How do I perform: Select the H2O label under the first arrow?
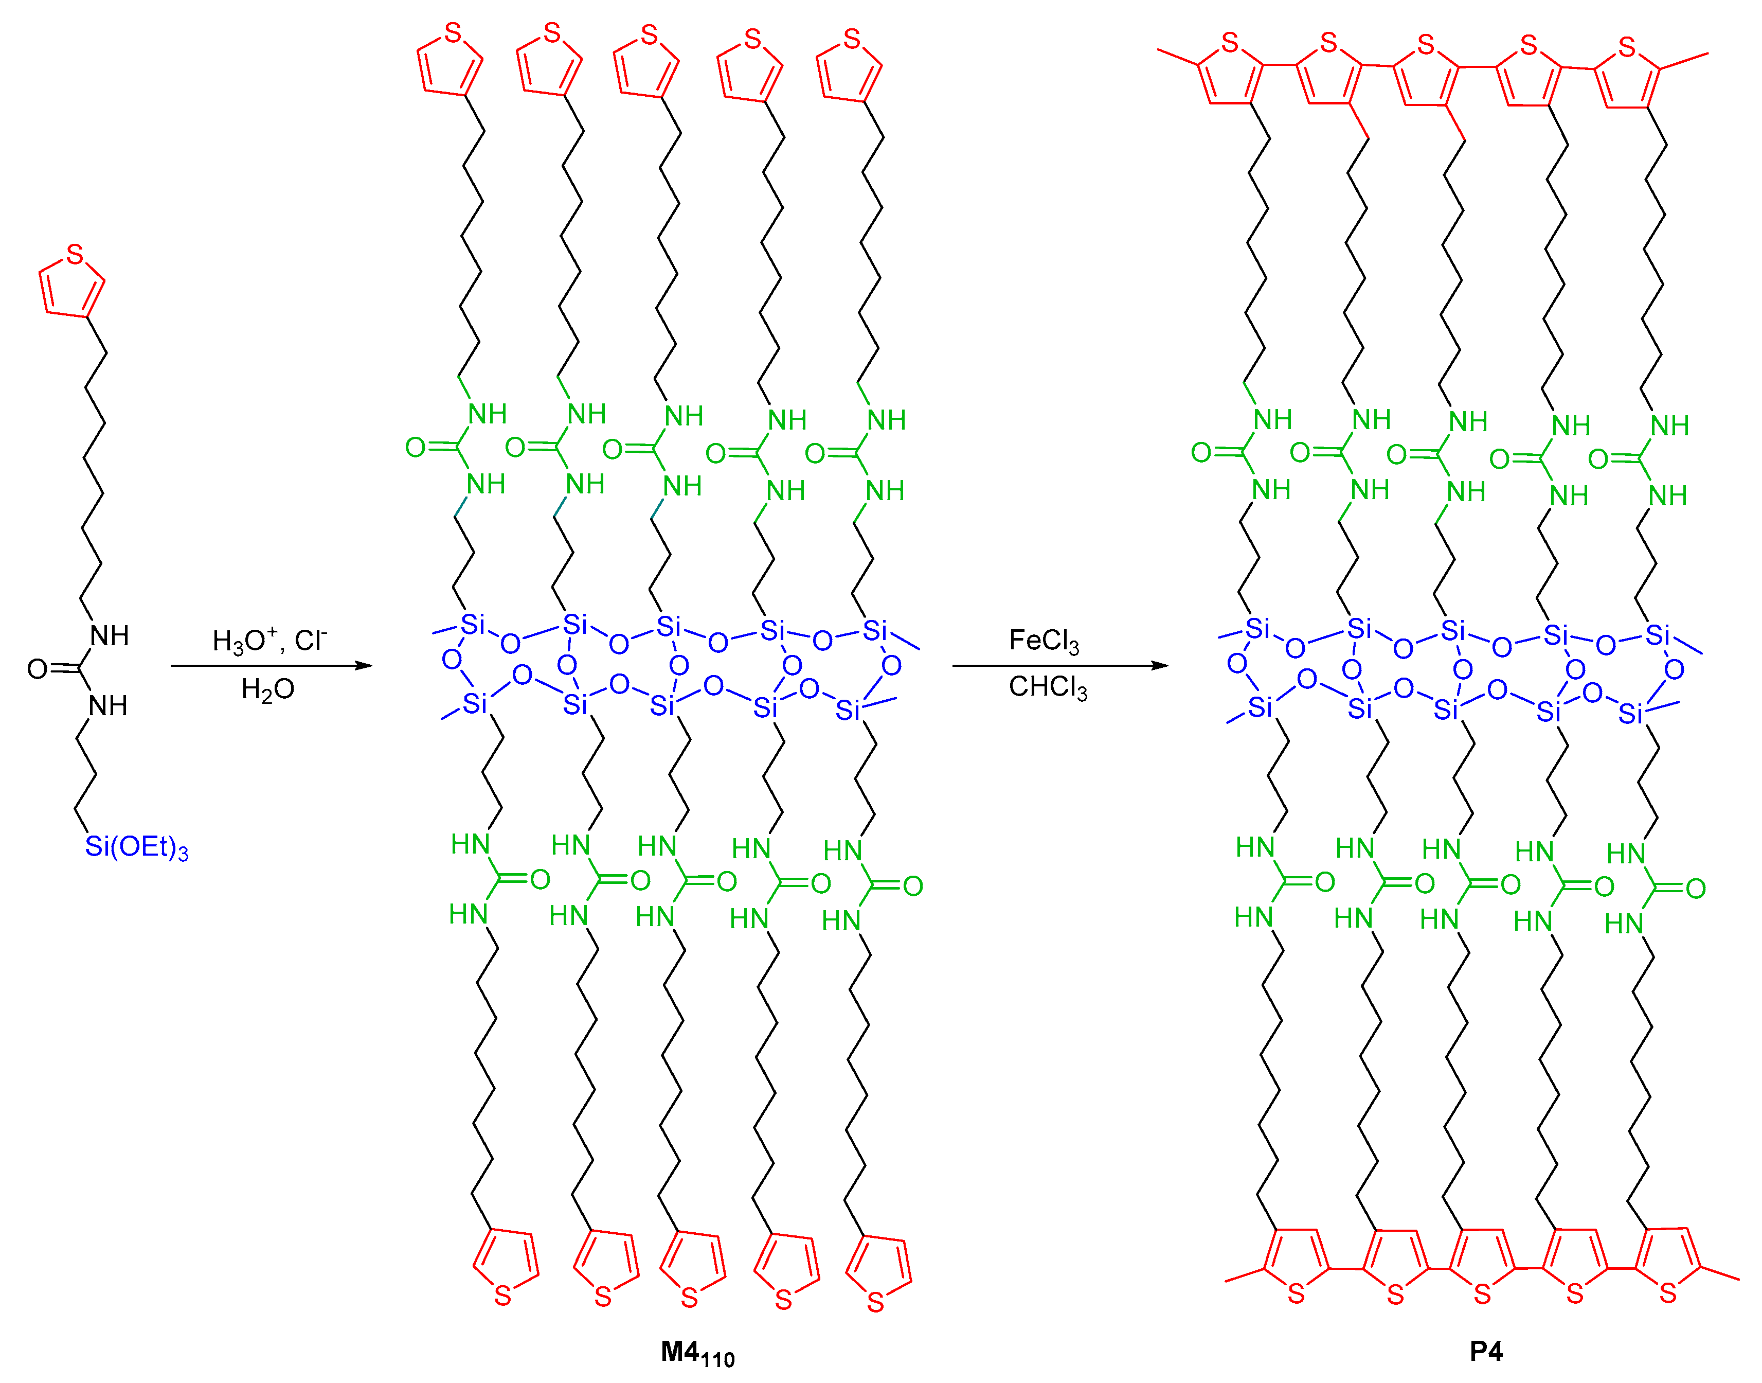click(x=267, y=689)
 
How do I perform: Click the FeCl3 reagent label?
click(x=1044, y=641)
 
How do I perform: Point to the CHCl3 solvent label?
click(x=1047, y=687)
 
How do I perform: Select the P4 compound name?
click(x=1486, y=1352)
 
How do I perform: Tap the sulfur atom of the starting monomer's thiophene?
click(x=75, y=255)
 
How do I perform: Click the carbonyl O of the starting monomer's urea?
click(x=37, y=669)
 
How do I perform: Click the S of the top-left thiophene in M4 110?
click(x=453, y=34)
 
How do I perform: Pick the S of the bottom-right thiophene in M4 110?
click(x=875, y=1303)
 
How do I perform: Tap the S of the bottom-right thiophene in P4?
click(x=1668, y=1293)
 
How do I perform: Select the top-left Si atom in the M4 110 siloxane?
click(x=473, y=624)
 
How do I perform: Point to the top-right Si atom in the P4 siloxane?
click(x=1658, y=635)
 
